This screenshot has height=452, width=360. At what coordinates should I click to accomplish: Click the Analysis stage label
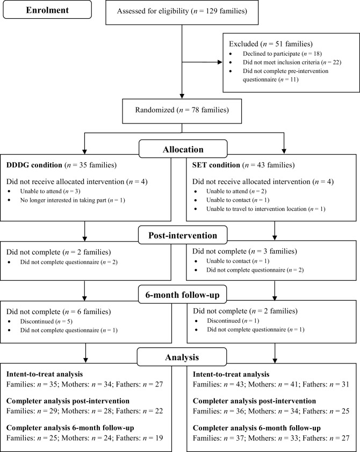(x=180, y=356)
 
